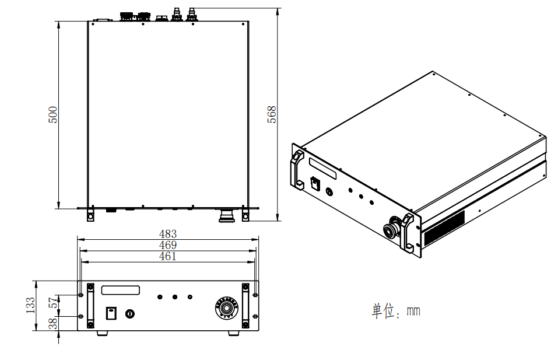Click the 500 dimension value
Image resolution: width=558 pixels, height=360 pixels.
tap(53, 114)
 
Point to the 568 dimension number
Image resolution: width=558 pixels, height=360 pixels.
tap(272, 114)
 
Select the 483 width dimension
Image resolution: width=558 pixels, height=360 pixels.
tap(168, 235)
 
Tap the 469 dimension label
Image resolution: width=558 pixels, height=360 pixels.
tap(168, 245)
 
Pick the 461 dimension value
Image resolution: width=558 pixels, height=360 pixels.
tap(167, 256)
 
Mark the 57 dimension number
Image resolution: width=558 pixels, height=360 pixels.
tap(53, 303)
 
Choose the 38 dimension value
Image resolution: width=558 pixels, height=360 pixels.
tap(53, 323)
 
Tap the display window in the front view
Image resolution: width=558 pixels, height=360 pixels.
tap(121, 290)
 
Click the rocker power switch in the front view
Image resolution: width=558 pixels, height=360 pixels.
tap(110, 313)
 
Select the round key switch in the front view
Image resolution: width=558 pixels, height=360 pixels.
tap(129, 313)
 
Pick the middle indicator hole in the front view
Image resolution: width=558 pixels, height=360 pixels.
tap(174, 297)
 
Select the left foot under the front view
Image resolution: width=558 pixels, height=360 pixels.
tap(102, 333)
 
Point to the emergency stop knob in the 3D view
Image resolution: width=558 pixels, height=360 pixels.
tap(389, 228)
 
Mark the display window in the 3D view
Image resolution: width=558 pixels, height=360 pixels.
tap(324, 167)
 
